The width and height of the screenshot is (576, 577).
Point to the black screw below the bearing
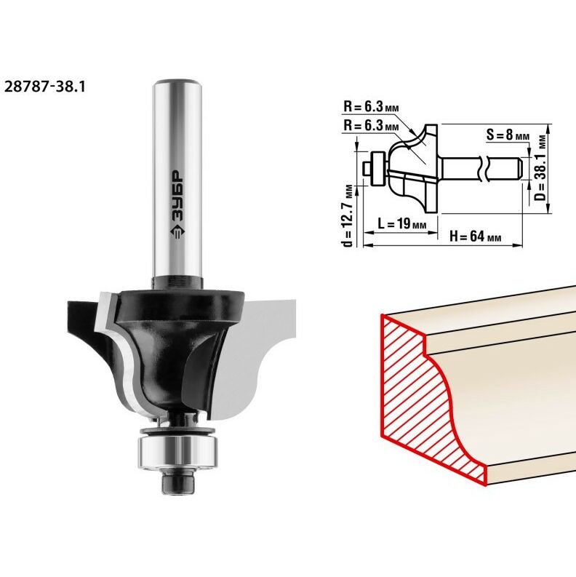(178, 482)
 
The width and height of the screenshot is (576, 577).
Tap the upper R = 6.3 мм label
(371, 107)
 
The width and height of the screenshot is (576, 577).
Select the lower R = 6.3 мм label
(371, 126)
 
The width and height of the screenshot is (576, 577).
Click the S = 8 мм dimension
(508, 135)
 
